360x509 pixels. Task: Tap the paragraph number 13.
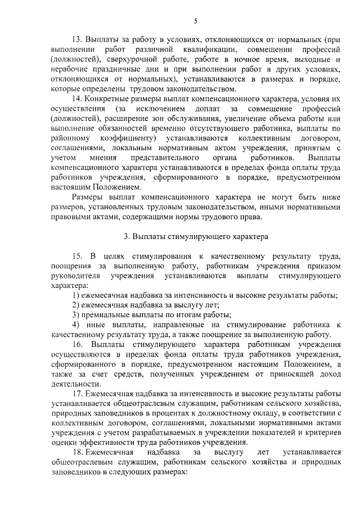click(78, 39)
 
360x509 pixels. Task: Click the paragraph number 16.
click(79, 345)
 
